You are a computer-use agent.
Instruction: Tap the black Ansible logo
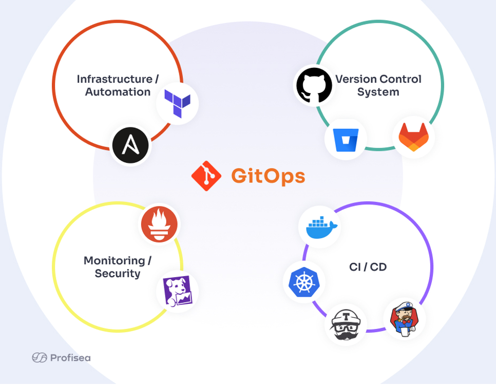(x=130, y=145)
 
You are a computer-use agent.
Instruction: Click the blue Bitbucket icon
(x=346, y=140)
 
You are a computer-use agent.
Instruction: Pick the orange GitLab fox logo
(x=413, y=137)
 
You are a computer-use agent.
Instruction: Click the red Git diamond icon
(x=206, y=176)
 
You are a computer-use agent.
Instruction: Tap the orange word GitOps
(x=268, y=176)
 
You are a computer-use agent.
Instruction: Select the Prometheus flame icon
(x=160, y=224)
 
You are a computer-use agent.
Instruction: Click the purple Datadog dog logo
(x=177, y=291)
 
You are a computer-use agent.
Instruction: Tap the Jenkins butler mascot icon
(x=405, y=318)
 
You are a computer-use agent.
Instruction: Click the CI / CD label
(x=368, y=267)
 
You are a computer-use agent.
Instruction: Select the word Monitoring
(x=114, y=260)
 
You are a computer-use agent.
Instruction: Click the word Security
(x=117, y=273)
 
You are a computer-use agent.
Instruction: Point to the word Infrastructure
(x=114, y=79)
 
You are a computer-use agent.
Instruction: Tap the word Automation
(x=118, y=92)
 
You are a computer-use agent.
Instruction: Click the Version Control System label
(x=378, y=85)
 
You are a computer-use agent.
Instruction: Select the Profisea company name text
(x=70, y=358)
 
